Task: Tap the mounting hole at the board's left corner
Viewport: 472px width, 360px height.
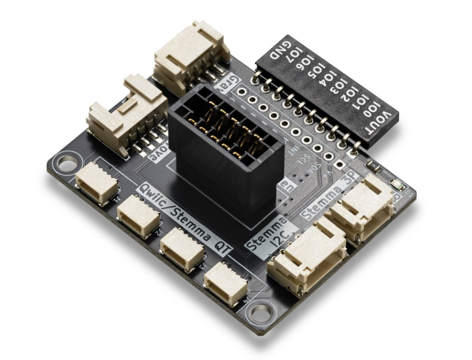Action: click(x=67, y=163)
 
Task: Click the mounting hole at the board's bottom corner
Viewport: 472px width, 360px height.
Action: click(x=259, y=312)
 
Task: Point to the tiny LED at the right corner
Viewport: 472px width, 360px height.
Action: click(x=396, y=183)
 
